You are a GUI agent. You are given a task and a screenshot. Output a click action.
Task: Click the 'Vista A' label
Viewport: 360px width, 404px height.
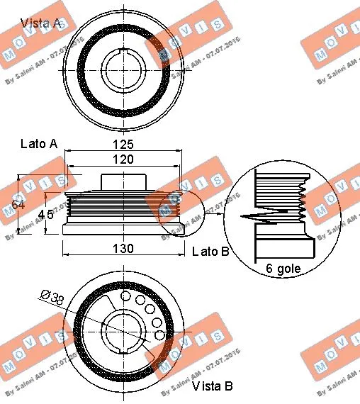pos(40,23)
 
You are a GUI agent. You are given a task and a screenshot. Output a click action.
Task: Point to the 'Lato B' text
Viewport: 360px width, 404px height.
pos(210,252)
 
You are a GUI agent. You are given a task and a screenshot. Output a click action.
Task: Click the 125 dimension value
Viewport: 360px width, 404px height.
pos(123,144)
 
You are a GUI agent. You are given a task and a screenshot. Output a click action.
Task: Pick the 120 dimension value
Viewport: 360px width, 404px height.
pos(123,160)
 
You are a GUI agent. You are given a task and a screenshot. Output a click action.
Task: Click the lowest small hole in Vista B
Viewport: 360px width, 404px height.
pos(161,335)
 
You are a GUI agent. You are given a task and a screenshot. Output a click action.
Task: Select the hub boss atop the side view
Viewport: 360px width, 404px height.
pos(123,181)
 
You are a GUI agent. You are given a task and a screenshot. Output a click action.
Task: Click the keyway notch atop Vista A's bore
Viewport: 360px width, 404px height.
pos(123,51)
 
